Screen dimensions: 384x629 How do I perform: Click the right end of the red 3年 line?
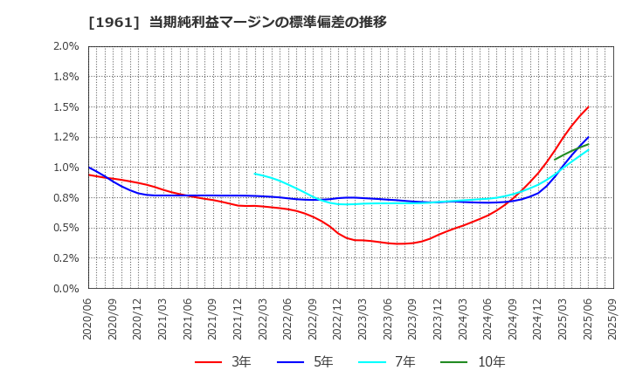[x=588, y=107]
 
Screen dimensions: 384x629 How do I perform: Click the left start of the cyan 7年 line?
[x=255, y=173]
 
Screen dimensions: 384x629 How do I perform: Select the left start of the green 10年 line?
[x=555, y=160]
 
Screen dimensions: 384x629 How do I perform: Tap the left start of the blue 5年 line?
[x=89, y=167]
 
